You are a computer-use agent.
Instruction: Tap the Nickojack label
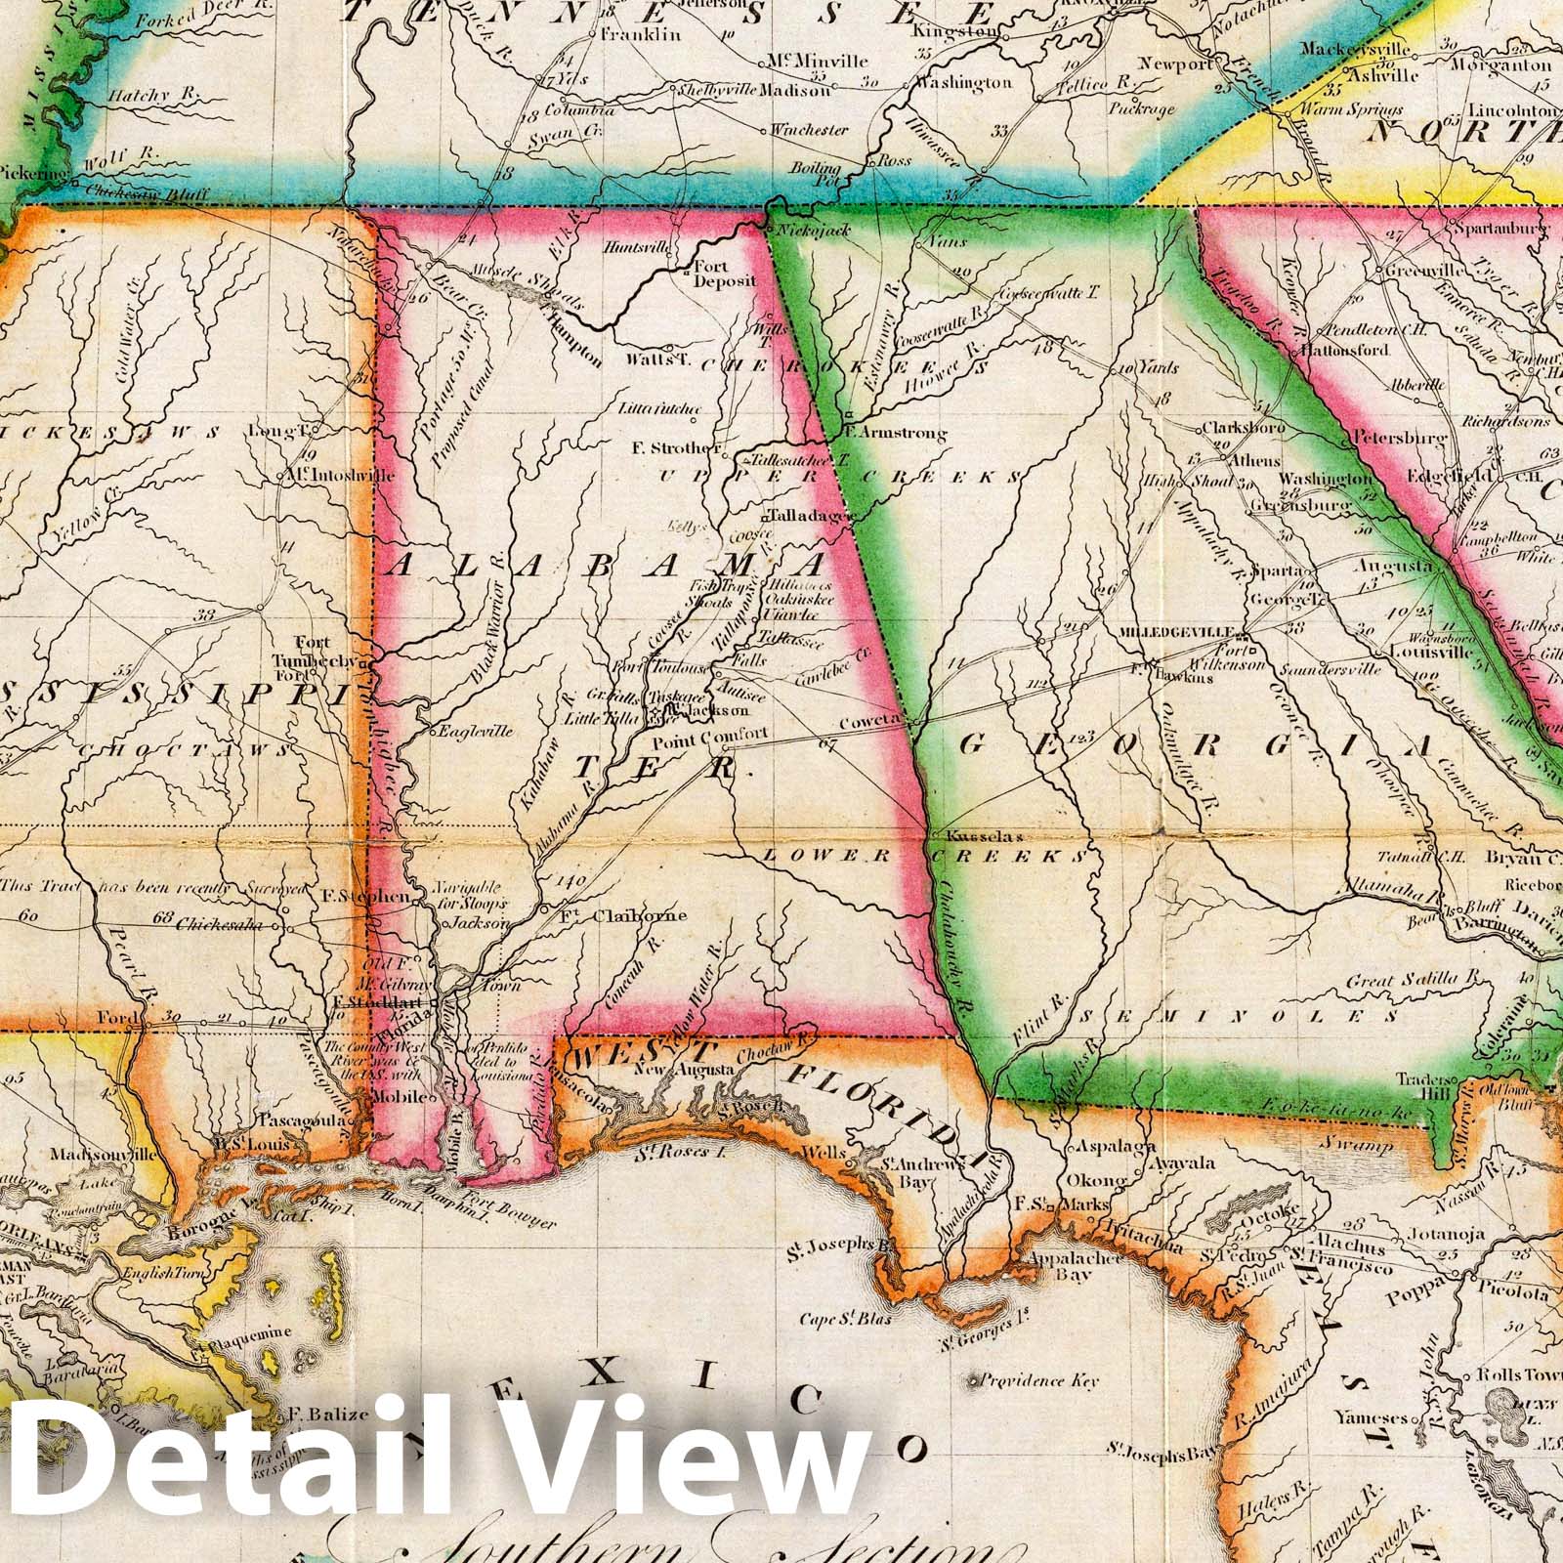pos(813,231)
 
